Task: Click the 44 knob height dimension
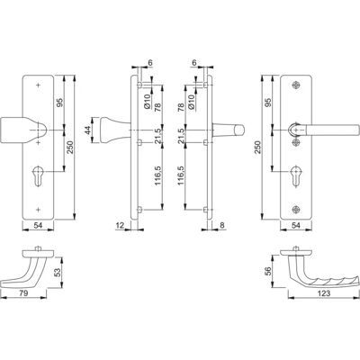87,130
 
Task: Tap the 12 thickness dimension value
120,225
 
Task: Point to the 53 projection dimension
58,272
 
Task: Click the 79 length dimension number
23,292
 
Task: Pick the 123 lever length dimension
324,293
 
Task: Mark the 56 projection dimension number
268,271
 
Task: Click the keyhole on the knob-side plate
38,175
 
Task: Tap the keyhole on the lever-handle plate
296,175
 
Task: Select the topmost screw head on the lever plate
297,85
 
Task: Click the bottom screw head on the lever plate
297,210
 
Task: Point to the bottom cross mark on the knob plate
38,209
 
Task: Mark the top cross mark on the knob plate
38,85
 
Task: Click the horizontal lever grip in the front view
332,130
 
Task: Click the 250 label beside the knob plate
69,148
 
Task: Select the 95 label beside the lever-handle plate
268,103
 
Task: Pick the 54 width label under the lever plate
295,225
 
